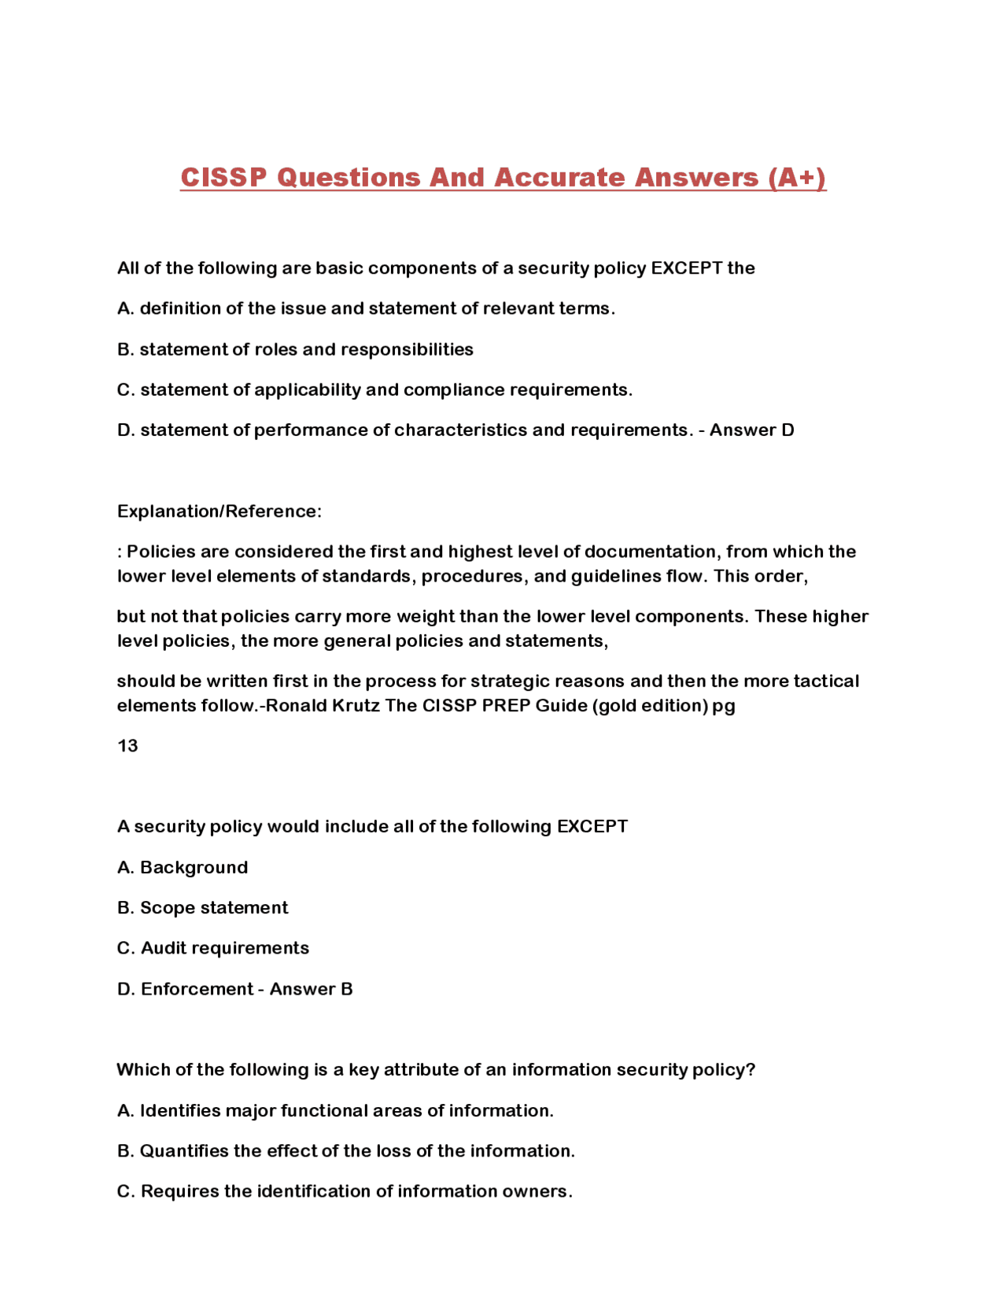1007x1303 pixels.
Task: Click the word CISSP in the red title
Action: (x=223, y=177)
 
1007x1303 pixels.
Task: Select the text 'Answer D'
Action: (x=751, y=430)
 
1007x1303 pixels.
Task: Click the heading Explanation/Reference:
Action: (x=219, y=511)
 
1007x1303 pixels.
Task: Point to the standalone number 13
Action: (x=127, y=746)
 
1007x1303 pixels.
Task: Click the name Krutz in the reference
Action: (x=356, y=706)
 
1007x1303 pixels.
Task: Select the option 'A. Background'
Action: (x=183, y=867)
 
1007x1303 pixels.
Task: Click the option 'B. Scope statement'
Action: (x=203, y=908)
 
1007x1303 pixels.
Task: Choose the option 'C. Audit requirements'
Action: (x=213, y=948)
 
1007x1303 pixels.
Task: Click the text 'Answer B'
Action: (x=311, y=989)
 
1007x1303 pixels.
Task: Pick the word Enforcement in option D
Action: (x=197, y=989)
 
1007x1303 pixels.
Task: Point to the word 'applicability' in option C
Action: (x=308, y=390)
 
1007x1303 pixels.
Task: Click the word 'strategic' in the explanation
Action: (x=510, y=681)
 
